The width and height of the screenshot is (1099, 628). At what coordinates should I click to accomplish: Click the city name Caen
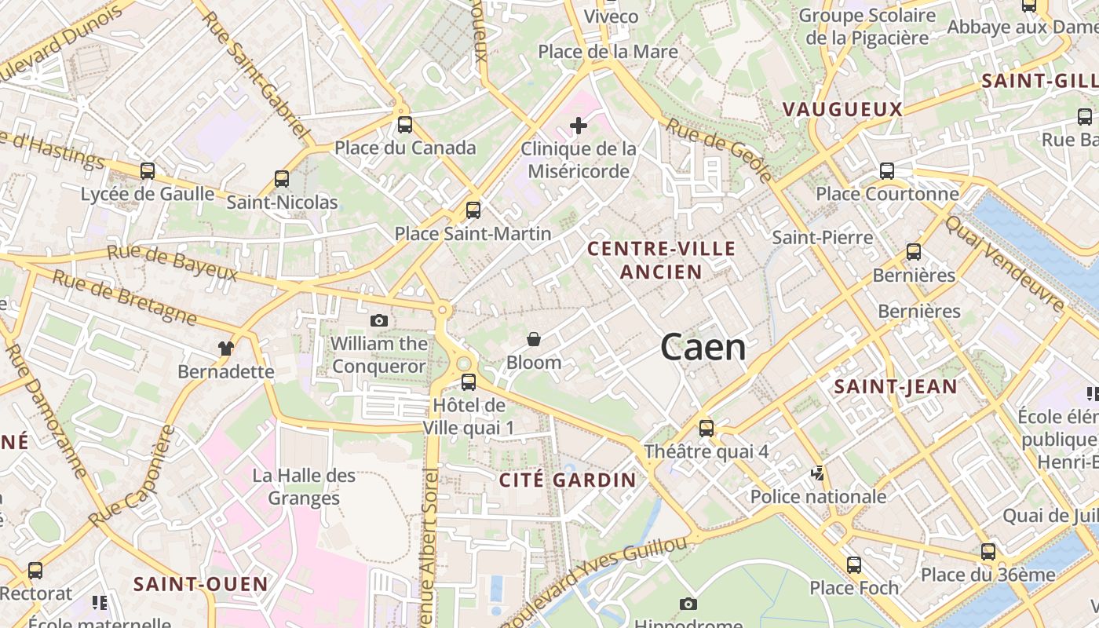click(703, 347)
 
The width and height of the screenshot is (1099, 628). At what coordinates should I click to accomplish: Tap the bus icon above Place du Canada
click(405, 124)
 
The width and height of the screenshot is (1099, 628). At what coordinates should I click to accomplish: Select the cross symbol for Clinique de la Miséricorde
click(579, 125)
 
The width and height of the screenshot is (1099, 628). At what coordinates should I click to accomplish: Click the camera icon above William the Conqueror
click(379, 320)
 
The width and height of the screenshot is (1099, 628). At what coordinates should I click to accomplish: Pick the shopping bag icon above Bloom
click(534, 339)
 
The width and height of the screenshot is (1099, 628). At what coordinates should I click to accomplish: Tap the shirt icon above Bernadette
click(226, 348)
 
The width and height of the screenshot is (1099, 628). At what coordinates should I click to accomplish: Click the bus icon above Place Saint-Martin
click(473, 210)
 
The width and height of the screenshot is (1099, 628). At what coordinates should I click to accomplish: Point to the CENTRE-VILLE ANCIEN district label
click(662, 261)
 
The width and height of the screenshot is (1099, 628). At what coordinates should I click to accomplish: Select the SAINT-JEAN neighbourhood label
click(896, 386)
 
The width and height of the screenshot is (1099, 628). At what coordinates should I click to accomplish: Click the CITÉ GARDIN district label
click(568, 480)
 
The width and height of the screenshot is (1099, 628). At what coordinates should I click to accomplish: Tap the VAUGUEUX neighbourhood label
click(843, 109)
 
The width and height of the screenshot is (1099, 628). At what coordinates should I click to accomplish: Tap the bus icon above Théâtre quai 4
click(706, 428)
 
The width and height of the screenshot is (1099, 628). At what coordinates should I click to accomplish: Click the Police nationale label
click(818, 497)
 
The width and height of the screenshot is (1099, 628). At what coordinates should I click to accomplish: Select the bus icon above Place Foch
click(854, 564)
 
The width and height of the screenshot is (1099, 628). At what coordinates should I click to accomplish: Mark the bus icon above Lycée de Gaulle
click(148, 170)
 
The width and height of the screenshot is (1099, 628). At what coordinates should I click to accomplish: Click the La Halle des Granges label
click(304, 487)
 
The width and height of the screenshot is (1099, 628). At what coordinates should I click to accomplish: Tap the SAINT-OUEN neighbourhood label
click(201, 584)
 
